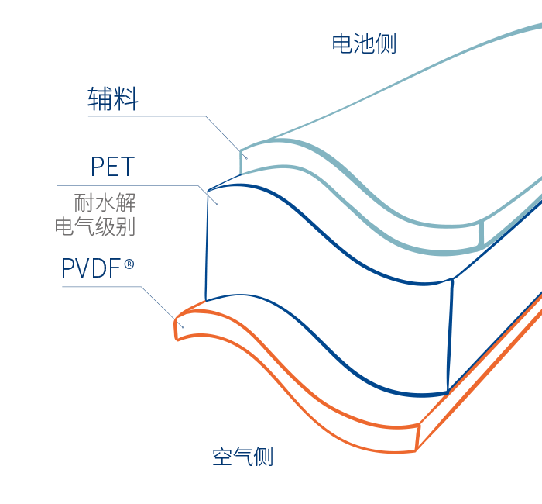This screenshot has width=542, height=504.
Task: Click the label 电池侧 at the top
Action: tap(364, 43)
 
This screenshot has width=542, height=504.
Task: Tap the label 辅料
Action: tap(113, 99)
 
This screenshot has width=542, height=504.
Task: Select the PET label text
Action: tap(112, 167)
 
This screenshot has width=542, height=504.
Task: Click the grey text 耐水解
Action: tap(105, 204)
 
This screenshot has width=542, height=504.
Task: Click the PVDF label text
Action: tap(91, 269)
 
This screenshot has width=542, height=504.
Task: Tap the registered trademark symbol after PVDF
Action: tap(129, 264)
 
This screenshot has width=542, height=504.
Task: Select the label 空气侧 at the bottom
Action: tap(242, 457)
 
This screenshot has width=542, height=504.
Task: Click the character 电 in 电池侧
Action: tap(342, 43)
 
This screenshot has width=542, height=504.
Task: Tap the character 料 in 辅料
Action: tap(126, 99)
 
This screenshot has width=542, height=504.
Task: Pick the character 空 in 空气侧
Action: tap(222, 457)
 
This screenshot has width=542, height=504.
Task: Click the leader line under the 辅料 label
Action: tap(147, 116)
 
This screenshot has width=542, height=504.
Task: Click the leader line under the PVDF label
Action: tap(101, 287)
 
